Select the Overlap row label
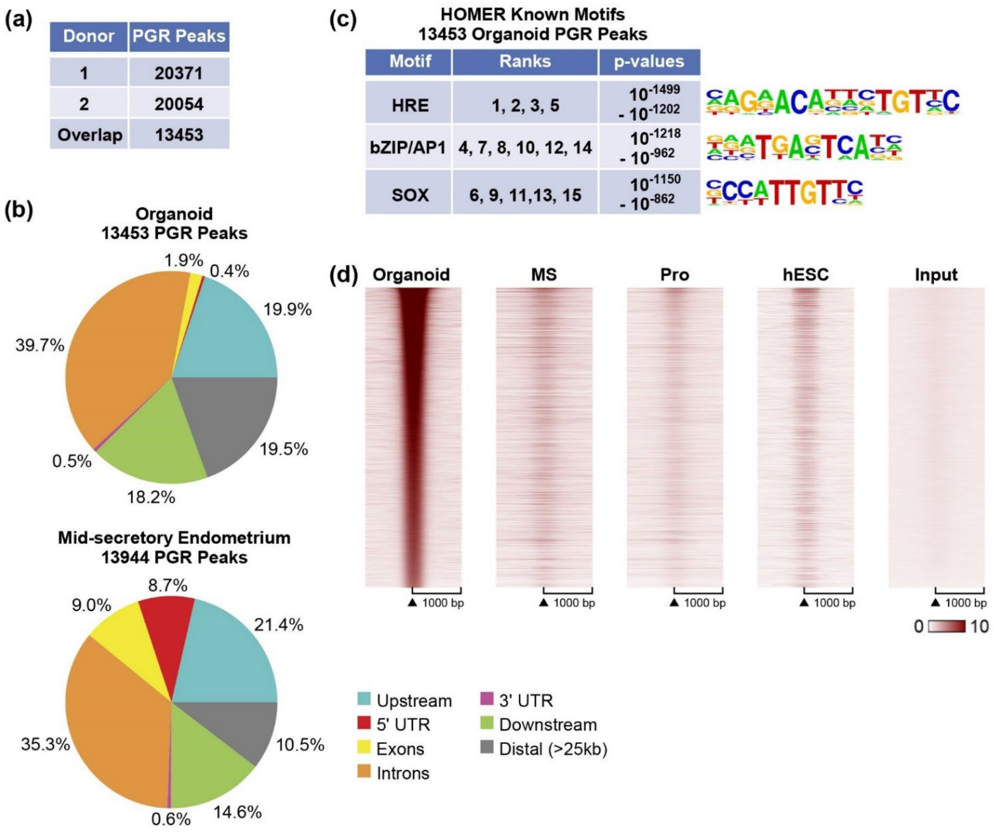tap(90, 135)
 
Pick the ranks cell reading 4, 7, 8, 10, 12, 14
tap(525, 148)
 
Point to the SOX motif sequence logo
tap(784, 193)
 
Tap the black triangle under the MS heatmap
tap(544, 603)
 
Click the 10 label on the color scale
tap(979, 627)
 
